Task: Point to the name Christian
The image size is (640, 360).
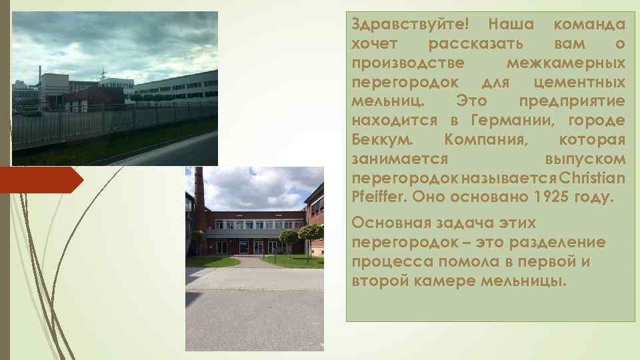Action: (x=593, y=179)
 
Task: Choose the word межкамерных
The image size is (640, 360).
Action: (x=565, y=63)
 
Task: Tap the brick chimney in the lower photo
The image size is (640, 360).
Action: (x=199, y=207)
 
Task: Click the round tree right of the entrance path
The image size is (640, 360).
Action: (x=310, y=233)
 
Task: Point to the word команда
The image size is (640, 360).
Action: (x=589, y=25)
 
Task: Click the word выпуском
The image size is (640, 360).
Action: (x=585, y=159)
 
